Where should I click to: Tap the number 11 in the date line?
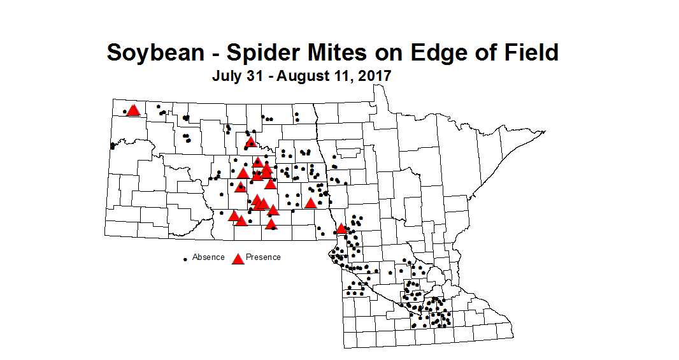point(343,76)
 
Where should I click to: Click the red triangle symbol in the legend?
point(238,258)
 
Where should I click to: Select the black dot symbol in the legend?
point(185,259)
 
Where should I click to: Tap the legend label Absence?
point(208,257)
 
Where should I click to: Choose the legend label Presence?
point(263,257)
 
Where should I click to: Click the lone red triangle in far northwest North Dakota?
point(133,110)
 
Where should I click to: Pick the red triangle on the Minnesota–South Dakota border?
point(341,228)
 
